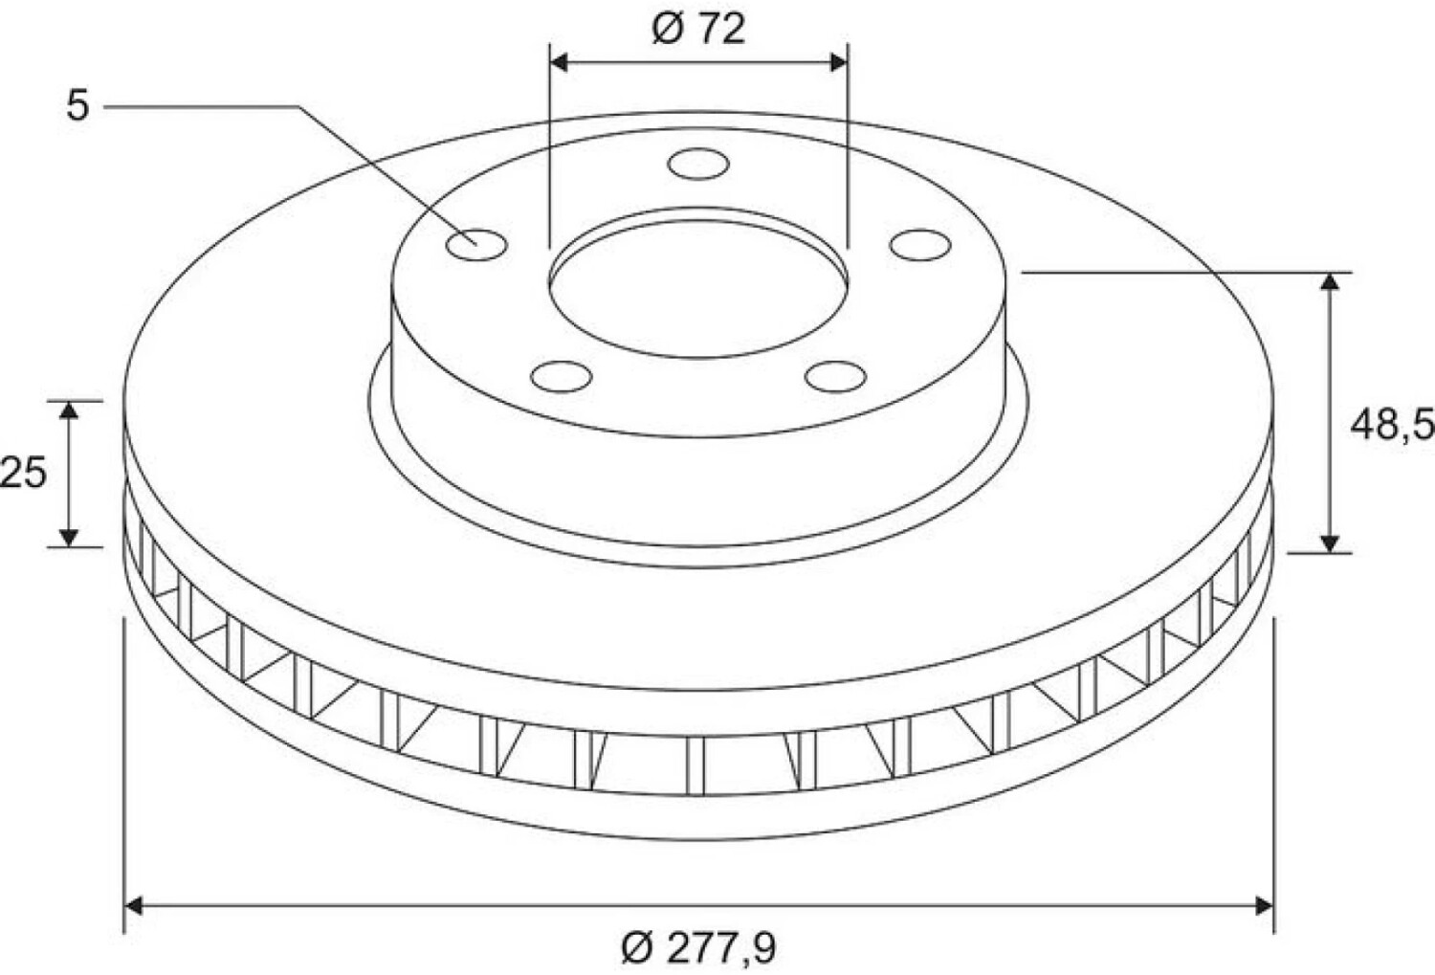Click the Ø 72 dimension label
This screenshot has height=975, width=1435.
pyautogui.click(x=699, y=30)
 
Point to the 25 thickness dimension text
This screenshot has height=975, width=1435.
pyautogui.click(x=23, y=473)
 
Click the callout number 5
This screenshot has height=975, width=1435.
pyautogui.click(x=77, y=105)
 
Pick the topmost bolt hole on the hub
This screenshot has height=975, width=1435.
pyautogui.click(x=698, y=164)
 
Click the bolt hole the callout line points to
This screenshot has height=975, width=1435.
pyautogui.click(x=476, y=245)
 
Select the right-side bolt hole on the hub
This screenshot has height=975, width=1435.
pyautogui.click(x=920, y=245)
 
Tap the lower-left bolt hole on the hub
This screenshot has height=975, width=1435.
pyautogui.click(x=562, y=377)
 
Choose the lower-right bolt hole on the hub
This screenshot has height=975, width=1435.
pyautogui.click(x=836, y=377)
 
